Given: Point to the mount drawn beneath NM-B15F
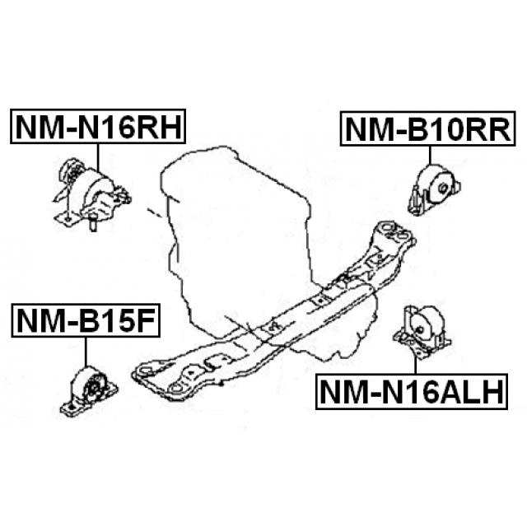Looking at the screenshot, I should coord(89,393).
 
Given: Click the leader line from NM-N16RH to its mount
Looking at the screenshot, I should coord(97,156).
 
